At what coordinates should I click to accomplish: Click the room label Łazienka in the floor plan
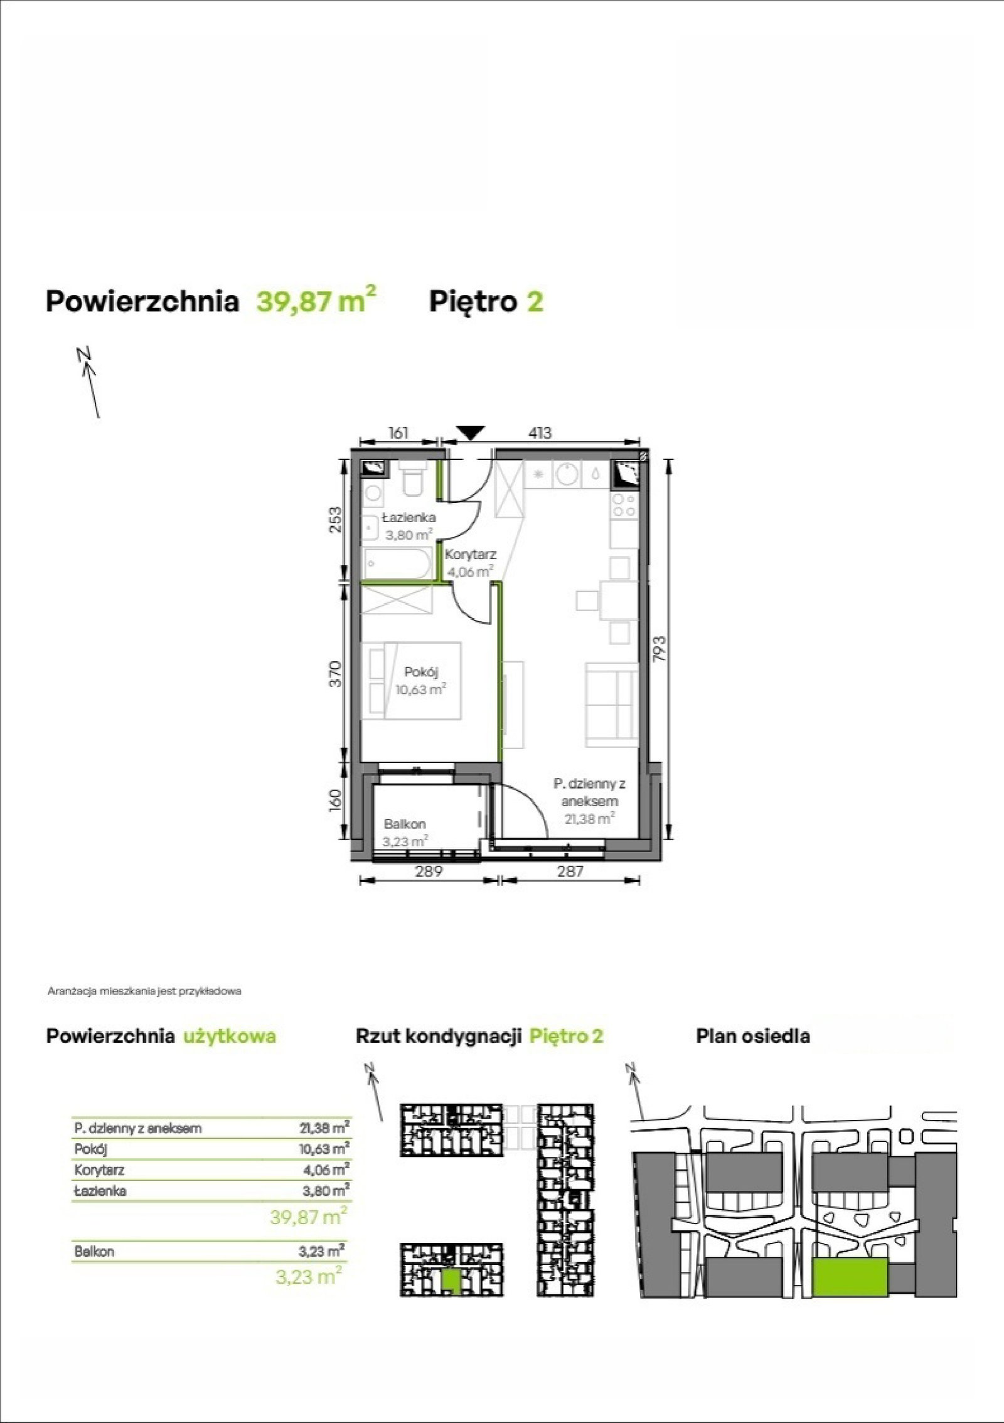tap(409, 518)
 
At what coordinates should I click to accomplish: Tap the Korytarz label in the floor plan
tap(471, 555)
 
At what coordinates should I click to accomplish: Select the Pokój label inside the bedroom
tap(421, 672)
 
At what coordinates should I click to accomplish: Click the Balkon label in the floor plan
tap(405, 824)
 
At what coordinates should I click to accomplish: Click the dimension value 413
tap(540, 433)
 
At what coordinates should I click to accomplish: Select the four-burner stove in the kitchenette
tap(624, 503)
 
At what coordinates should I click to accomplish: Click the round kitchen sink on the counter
tap(566, 475)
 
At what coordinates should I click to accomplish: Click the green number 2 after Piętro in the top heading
tap(535, 302)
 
